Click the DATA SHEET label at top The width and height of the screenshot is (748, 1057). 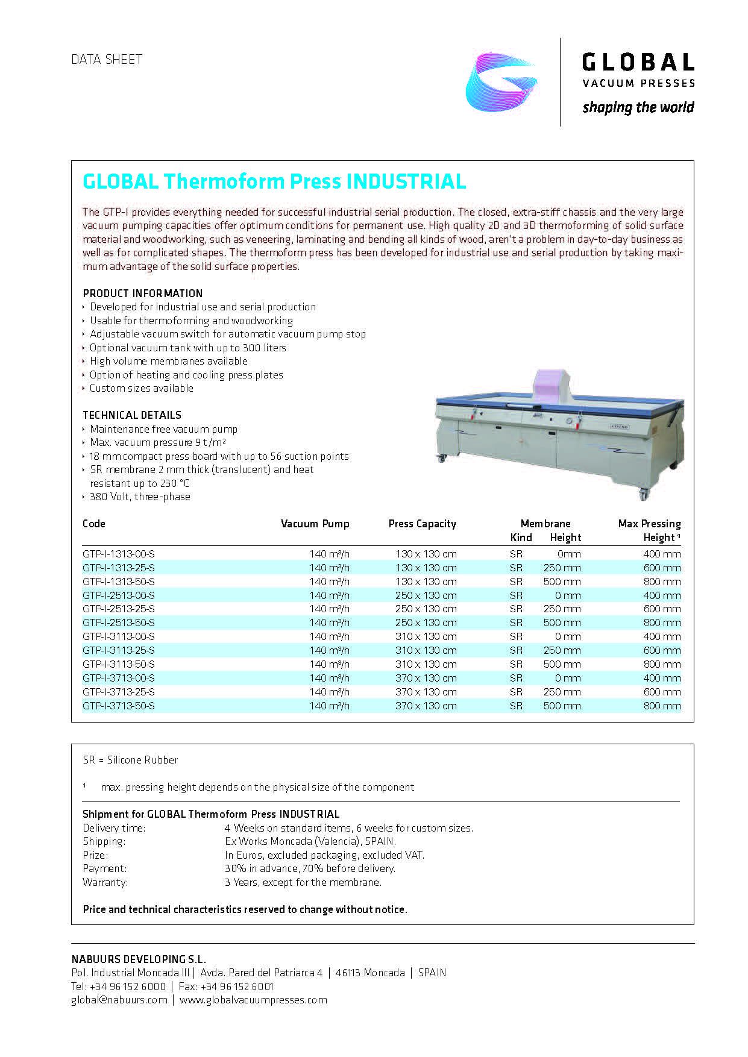107,59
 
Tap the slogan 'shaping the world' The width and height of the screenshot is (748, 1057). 638,108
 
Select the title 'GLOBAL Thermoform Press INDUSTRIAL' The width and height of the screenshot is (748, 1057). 274,181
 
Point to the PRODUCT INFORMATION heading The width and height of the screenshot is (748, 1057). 143,293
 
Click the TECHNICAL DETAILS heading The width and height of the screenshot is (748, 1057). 132,415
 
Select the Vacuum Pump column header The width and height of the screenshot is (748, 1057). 315,524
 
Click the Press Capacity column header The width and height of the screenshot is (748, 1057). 422,524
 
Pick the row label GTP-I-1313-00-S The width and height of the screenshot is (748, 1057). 119,554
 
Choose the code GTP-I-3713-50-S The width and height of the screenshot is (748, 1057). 119,706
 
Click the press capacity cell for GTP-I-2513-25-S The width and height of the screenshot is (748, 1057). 426,609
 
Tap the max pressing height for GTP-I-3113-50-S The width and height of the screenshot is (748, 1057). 662,664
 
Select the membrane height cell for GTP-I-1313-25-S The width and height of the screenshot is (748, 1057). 562,568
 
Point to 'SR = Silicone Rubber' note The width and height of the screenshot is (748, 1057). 130,760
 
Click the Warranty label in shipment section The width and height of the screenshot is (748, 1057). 105,882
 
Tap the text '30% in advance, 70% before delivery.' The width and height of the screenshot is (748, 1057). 310,868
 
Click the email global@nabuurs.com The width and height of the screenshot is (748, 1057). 119,1000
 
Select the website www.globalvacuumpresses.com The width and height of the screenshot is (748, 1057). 253,1000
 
